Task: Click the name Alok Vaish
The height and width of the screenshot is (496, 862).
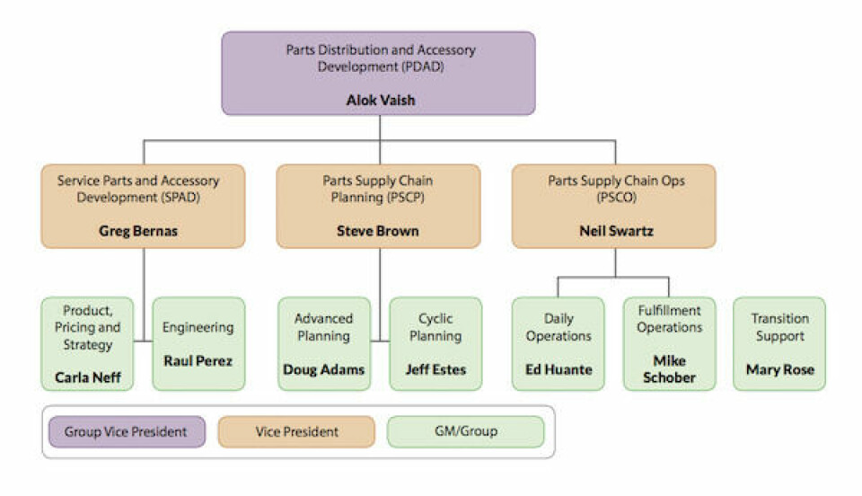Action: point(381,101)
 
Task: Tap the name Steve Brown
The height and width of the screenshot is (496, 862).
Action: point(377,231)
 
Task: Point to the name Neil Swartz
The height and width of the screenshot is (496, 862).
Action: point(615,231)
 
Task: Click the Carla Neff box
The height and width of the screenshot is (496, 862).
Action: point(87,343)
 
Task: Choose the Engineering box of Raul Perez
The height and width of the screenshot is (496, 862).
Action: point(198,343)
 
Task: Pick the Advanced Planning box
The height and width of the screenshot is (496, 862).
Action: point(323,343)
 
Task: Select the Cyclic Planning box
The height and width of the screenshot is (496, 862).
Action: point(435,343)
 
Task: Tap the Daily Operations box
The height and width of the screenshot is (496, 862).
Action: point(559,343)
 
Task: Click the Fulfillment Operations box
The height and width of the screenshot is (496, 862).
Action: point(670,343)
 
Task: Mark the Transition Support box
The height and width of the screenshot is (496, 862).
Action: point(779,343)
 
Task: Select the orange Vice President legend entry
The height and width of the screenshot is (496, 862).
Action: point(296,432)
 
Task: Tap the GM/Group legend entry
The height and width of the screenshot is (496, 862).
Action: point(466,432)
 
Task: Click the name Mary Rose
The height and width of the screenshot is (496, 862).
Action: point(779,369)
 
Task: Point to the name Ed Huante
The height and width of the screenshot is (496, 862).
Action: point(559,369)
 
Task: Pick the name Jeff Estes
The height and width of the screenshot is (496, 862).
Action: point(435,369)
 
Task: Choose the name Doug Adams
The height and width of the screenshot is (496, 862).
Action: point(323,369)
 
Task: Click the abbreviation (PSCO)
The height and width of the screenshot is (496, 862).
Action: point(615,198)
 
